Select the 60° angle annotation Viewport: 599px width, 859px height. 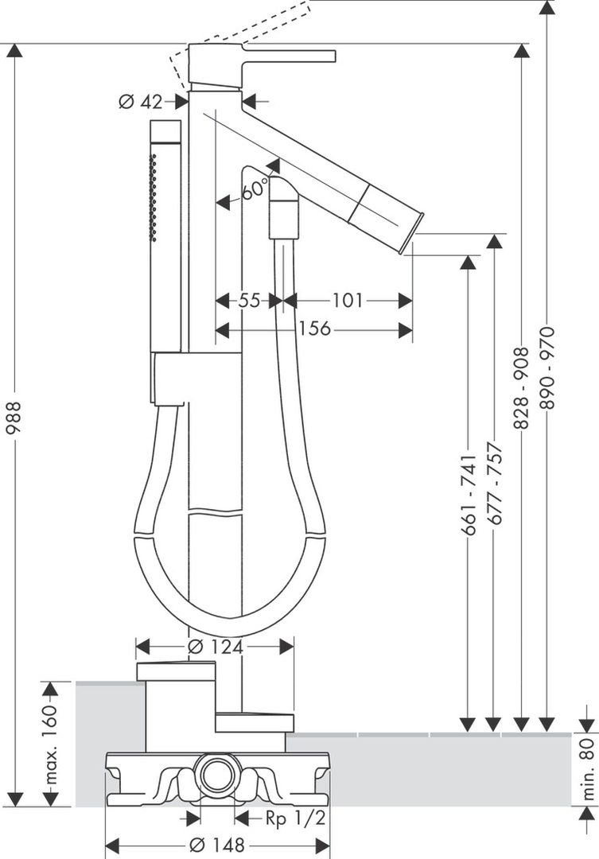coord(255,191)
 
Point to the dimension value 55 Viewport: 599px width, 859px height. coord(249,301)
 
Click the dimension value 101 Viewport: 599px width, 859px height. coord(347,301)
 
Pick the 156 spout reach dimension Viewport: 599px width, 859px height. coord(315,328)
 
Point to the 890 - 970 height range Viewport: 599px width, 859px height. coord(547,367)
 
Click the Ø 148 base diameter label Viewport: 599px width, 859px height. coord(216,845)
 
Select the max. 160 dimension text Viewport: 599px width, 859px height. coord(49,743)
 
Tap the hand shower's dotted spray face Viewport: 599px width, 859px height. coord(154,199)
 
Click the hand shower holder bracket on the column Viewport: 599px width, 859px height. coord(171,380)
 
